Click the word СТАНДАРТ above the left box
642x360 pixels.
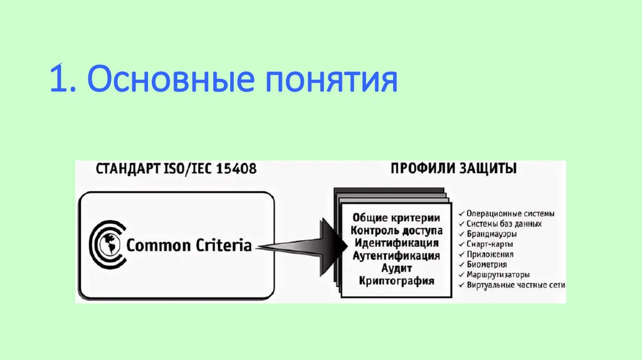(126, 170)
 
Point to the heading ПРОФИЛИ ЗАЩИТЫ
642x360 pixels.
(453, 169)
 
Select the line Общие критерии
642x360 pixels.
(397, 218)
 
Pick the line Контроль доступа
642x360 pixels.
(397, 230)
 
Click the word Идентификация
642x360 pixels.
(397, 243)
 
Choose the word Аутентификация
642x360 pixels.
(397, 256)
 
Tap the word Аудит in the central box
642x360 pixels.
(396, 268)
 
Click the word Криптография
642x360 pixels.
(397, 281)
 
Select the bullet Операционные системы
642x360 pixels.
(510, 213)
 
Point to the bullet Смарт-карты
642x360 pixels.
(492, 244)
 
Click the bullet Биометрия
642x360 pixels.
(491, 264)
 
